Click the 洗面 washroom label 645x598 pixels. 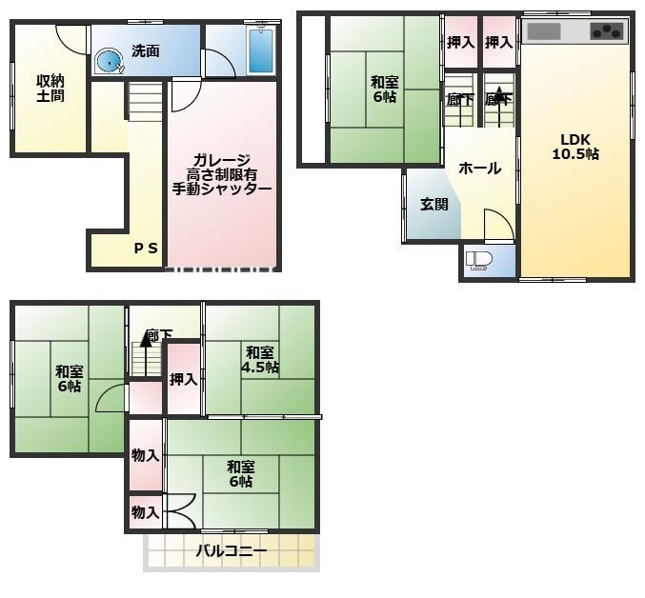click(146, 51)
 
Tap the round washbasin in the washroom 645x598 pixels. click(110, 63)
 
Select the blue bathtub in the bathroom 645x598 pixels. click(261, 51)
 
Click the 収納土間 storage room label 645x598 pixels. click(50, 88)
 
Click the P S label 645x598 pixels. click(146, 248)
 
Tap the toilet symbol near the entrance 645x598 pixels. click(479, 262)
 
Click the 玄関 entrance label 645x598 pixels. click(434, 204)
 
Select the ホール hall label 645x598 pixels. click(479, 168)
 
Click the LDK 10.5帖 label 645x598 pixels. click(575, 147)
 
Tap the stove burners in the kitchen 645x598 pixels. click(607, 30)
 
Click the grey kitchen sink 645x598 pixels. click(543, 31)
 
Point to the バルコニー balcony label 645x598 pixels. click(232, 550)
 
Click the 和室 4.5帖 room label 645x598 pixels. click(259, 360)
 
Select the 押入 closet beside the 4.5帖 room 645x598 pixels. click(184, 379)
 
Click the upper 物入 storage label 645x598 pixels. click(145, 455)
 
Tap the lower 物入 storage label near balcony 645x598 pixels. click(145, 512)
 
